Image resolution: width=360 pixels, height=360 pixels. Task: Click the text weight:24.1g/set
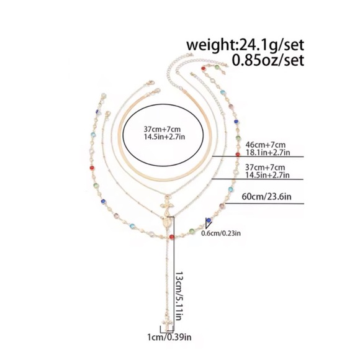click(x=245, y=45)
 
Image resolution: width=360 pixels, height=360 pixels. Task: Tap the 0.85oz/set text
click(x=268, y=60)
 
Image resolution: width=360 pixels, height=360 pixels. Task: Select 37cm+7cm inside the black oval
click(x=162, y=129)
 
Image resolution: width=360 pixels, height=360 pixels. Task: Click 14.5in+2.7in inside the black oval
click(x=164, y=137)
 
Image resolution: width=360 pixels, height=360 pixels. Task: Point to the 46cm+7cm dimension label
click(x=266, y=145)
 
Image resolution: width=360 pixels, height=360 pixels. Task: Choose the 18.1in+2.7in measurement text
click(x=268, y=153)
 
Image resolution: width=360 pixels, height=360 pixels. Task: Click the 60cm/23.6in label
click(x=266, y=197)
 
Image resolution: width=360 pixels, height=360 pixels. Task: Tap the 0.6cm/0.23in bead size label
click(x=221, y=233)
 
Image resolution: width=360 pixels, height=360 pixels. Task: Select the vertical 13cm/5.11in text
click(x=179, y=296)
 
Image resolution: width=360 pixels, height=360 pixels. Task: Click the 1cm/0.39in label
click(x=169, y=337)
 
